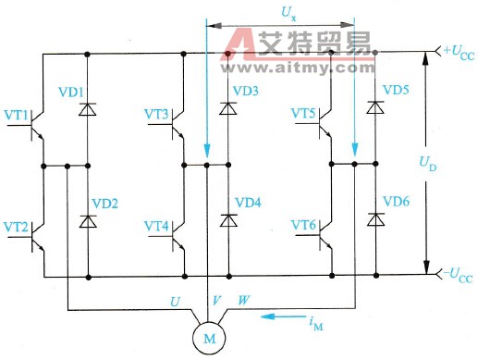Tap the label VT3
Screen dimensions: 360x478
(157, 114)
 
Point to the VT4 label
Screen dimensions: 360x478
(157, 227)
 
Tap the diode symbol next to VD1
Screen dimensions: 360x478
(88, 109)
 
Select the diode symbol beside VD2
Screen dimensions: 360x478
(88, 221)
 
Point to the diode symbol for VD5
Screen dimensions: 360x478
(374, 107)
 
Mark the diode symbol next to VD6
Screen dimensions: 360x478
(374, 219)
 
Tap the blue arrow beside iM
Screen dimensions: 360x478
(283, 316)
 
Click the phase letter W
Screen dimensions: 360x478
(244, 301)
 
